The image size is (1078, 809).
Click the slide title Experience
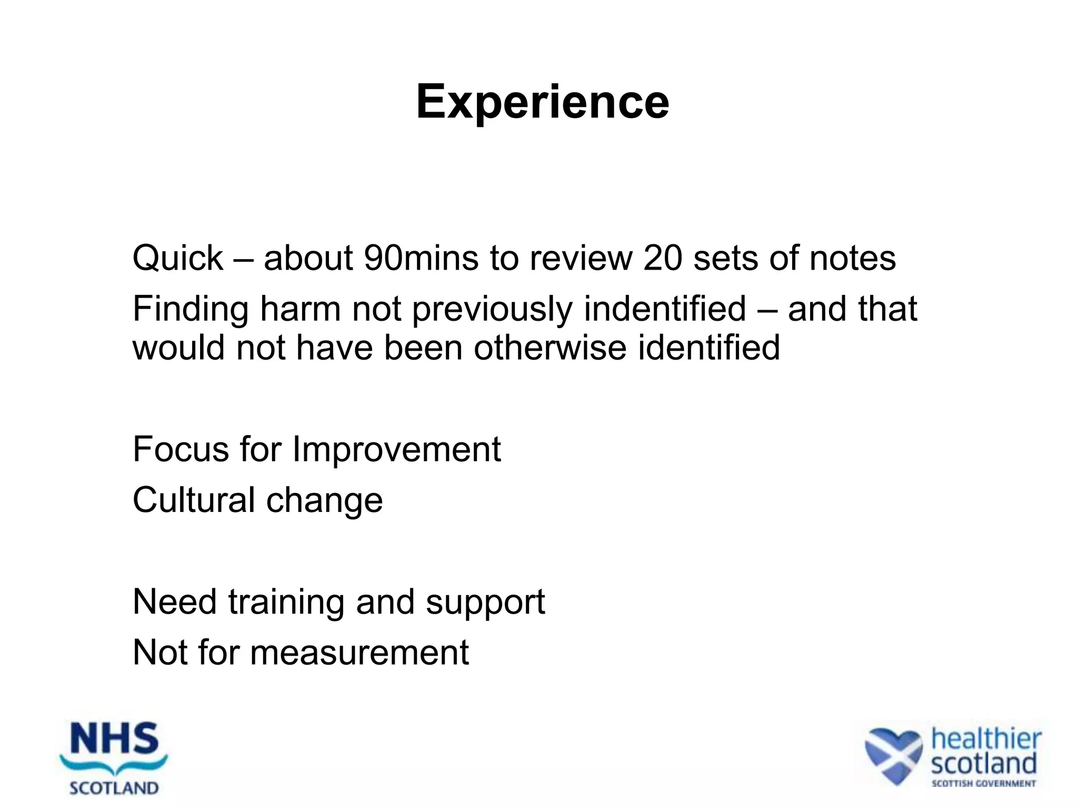point(542,102)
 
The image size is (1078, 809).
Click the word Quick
point(178,258)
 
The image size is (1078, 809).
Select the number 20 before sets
point(663,258)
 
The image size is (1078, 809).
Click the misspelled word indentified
point(665,309)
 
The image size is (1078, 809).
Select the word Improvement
point(396,449)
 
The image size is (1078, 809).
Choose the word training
point(286,602)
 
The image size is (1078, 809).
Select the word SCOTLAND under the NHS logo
point(114,788)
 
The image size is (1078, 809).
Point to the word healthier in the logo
point(986,739)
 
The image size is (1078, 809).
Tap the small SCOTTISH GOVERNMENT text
point(983,784)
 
